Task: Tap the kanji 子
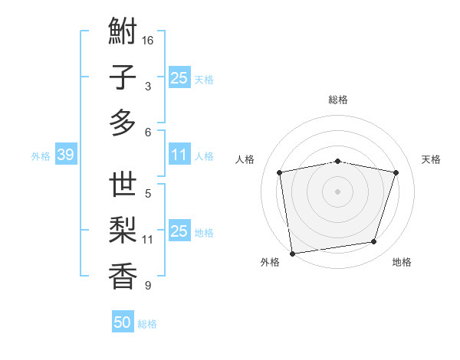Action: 123,78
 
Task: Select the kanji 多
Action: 123,123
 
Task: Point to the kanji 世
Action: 123,186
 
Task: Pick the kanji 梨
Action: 123,231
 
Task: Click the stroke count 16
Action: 148,40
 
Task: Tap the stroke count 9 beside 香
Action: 148,286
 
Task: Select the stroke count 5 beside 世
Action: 148,193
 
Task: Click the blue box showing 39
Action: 65,155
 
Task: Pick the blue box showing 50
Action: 123,322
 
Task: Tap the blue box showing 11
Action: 179,155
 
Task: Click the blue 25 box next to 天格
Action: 179,78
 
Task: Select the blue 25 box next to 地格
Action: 179,231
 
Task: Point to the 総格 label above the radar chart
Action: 338,100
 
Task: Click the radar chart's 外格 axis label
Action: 269,262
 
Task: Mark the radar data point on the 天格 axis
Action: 396,172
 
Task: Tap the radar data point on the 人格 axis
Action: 280,172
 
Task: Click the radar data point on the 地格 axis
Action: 373,242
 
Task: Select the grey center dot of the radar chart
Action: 338,191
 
